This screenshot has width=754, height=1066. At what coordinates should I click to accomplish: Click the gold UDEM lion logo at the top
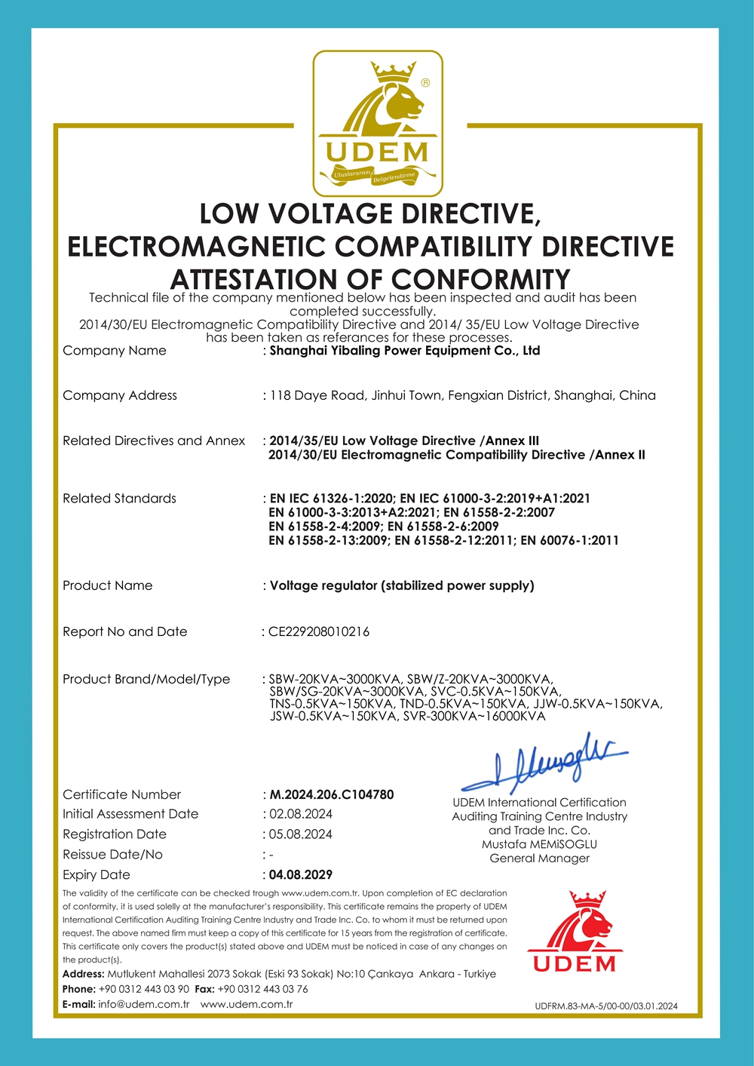(x=378, y=123)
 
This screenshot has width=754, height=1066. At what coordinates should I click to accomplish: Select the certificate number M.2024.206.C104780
(x=332, y=794)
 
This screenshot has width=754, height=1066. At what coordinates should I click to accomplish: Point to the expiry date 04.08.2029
(x=301, y=874)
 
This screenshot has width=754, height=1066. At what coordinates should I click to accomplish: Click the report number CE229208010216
(x=319, y=631)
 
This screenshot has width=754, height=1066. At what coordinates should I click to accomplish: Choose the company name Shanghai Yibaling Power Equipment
(x=405, y=350)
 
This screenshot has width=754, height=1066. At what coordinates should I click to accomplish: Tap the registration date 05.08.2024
(x=301, y=834)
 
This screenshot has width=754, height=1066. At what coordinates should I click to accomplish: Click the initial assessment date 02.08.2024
(x=301, y=814)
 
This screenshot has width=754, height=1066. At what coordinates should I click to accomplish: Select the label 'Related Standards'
(x=119, y=498)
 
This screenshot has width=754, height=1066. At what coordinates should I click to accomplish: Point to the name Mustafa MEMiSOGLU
(x=539, y=844)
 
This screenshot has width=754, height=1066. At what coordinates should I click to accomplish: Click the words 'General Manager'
(x=539, y=858)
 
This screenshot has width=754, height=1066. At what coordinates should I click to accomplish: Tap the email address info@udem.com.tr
(x=143, y=1004)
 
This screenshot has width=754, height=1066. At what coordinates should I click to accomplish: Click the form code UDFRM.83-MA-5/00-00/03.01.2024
(x=606, y=1006)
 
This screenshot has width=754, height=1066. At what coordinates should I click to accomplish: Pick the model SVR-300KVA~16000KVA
(x=474, y=716)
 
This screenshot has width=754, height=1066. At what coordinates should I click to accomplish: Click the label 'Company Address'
(x=120, y=395)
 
